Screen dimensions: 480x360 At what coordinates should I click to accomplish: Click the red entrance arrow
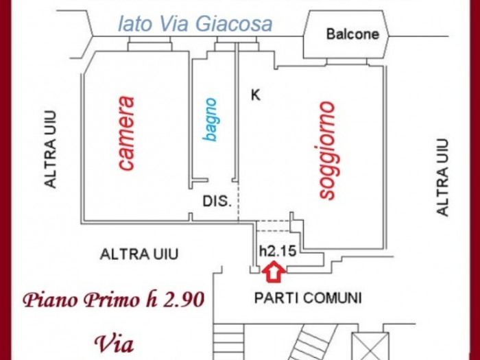pos(274,272)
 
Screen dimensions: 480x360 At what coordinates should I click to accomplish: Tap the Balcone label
pos(353,34)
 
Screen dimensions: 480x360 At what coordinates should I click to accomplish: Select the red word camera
pos(126,134)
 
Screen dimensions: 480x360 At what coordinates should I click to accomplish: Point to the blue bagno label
pos(211,120)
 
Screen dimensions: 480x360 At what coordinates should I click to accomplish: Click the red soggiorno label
pos(327,150)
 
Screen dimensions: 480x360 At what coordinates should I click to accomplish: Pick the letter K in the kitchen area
pos(256,95)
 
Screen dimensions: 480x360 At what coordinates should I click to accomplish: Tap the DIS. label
pos(217,201)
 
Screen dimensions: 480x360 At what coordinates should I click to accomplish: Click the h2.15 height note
pos(278,251)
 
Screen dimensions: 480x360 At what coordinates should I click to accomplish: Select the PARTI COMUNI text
pos(308,298)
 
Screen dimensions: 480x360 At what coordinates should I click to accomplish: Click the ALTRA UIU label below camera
pos(139,254)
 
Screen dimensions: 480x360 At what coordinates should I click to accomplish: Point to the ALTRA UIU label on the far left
pos(51,149)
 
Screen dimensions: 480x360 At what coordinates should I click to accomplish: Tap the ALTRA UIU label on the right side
pos(443,178)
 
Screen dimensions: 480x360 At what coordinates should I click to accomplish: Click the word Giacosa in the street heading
pos(234,24)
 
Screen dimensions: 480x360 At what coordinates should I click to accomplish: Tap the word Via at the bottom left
pos(114,344)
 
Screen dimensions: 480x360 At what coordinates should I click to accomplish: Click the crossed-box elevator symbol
pos(370,346)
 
